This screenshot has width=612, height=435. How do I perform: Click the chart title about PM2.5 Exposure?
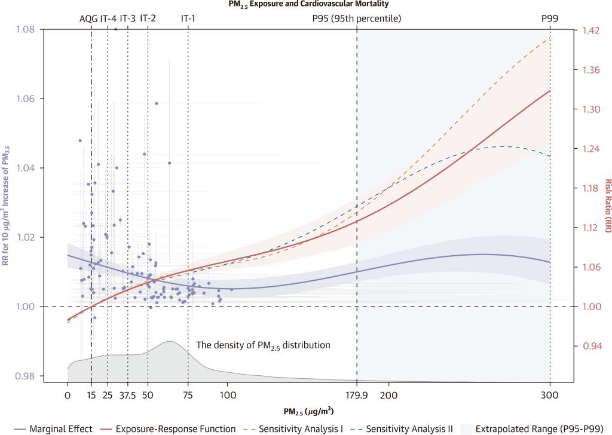point(305,4)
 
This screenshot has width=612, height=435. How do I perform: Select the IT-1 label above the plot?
point(188,18)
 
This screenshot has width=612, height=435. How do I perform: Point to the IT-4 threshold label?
point(108,18)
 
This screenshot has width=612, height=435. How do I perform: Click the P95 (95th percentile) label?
point(356,18)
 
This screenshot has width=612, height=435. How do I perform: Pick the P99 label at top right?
point(550,18)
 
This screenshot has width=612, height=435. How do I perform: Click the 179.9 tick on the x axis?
point(357,395)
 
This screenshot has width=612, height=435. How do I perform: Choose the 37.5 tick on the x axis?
point(128,395)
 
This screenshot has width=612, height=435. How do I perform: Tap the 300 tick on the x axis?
point(550,395)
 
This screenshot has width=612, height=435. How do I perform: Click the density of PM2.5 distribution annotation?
point(263,345)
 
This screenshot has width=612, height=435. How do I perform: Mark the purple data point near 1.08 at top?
point(115,29)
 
